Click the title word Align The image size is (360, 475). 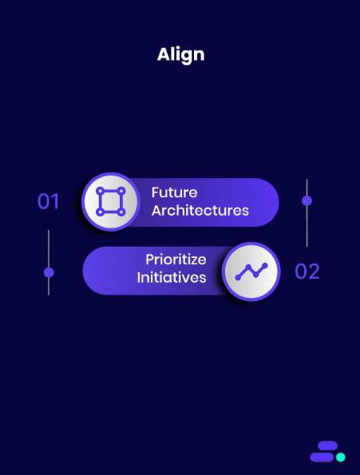(x=180, y=54)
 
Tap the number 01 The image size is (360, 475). (x=49, y=201)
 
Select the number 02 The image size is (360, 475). (x=307, y=271)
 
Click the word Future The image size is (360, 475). (x=174, y=192)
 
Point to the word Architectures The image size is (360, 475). (x=200, y=211)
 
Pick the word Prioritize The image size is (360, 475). (x=176, y=259)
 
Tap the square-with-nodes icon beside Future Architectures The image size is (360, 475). (x=110, y=202)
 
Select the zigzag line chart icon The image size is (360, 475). (x=251, y=271)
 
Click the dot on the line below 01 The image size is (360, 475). (x=49, y=272)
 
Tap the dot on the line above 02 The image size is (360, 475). (x=307, y=200)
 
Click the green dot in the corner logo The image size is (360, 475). (x=341, y=457)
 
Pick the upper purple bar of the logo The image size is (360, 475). (x=326, y=447)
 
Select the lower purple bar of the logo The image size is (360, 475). (x=322, y=457)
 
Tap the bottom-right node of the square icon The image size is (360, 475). (x=121, y=212)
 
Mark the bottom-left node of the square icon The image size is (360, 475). (x=100, y=212)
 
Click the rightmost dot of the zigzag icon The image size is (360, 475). (x=264, y=265)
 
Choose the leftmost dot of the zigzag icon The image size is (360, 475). (x=238, y=278)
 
